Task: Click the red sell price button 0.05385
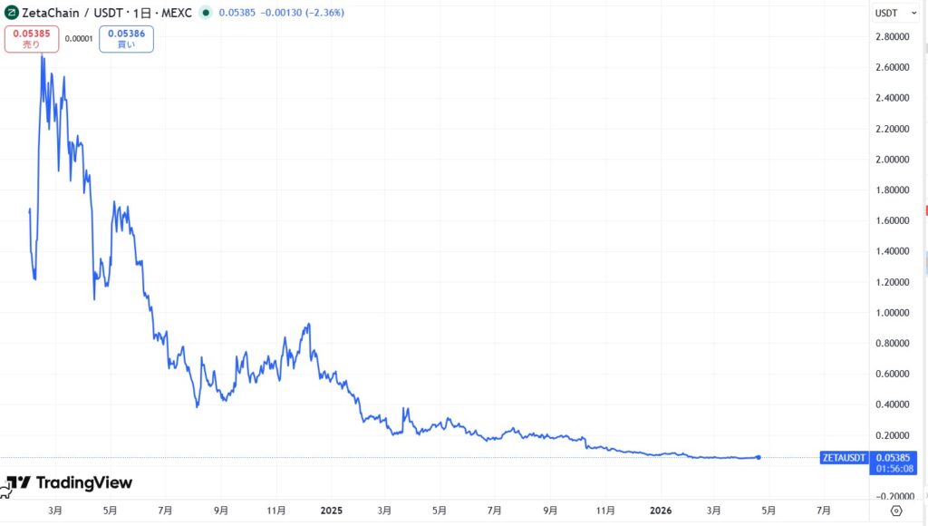click(x=33, y=38)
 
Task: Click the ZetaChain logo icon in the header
click(x=12, y=13)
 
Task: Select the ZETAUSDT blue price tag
click(x=843, y=457)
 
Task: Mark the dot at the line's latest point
click(x=758, y=457)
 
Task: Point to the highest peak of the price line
click(x=42, y=56)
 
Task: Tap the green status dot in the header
click(x=207, y=13)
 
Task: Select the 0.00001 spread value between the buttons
click(x=78, y=38)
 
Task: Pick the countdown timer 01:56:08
click(x=891, y=469)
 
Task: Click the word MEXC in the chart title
click(x=177, y=13)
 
